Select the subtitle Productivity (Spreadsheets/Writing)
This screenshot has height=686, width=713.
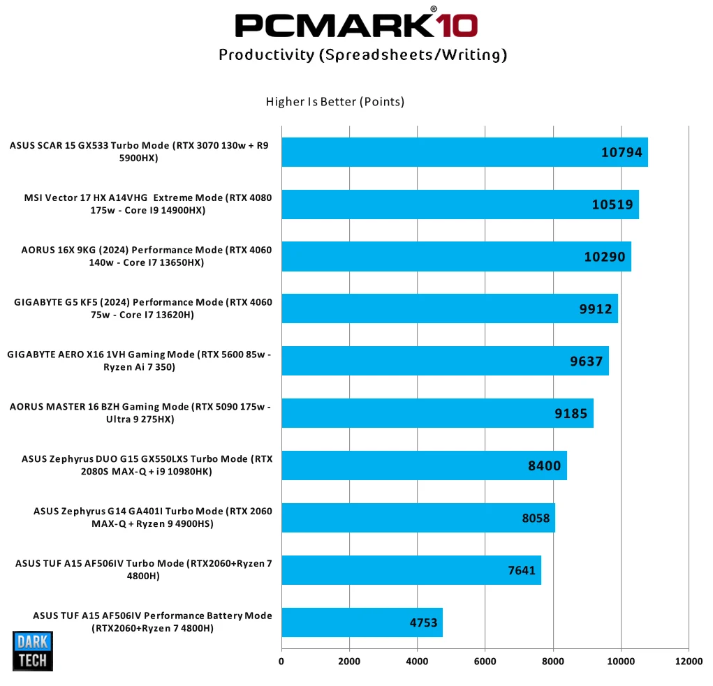[362, 55]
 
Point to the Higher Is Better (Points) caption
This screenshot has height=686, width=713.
[335, 102]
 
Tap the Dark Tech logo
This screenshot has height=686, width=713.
[33, 651]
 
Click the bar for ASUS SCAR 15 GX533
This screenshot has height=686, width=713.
[464, 152]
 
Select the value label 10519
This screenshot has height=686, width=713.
[612, 204]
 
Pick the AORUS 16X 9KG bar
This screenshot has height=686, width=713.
[456, 257]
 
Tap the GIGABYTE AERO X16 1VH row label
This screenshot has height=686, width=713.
[139, 361]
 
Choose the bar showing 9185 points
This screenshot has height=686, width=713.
[437, 413]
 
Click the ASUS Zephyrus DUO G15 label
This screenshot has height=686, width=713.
[147, 465]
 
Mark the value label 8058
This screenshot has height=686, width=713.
[536, 518]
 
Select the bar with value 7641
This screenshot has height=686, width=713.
[411, 570]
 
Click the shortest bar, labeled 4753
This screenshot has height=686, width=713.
[362, 622]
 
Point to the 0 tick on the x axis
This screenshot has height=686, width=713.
[281, 661]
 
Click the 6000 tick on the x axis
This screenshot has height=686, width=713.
[485, 661]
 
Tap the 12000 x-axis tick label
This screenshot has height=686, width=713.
[689, 661]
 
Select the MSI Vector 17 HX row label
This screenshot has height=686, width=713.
[148, 204]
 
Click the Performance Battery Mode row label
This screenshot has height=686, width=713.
[152, 622]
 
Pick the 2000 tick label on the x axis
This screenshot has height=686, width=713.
[349, 661]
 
